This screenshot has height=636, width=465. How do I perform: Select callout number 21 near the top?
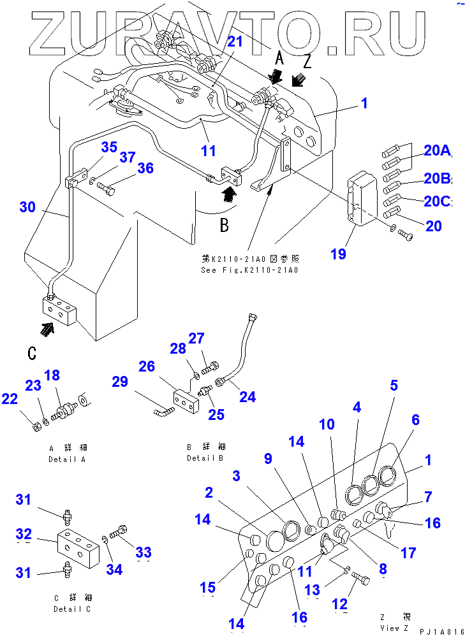point(235,42)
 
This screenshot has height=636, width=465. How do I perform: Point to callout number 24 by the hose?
point(247,396)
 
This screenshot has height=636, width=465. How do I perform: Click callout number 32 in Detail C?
point(24,533)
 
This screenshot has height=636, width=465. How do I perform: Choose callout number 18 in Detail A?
point(52,375)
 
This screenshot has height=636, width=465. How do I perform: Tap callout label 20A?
point(437,150)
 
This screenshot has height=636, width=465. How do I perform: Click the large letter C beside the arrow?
point(33,354)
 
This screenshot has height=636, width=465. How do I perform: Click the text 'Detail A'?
point(66,459)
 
